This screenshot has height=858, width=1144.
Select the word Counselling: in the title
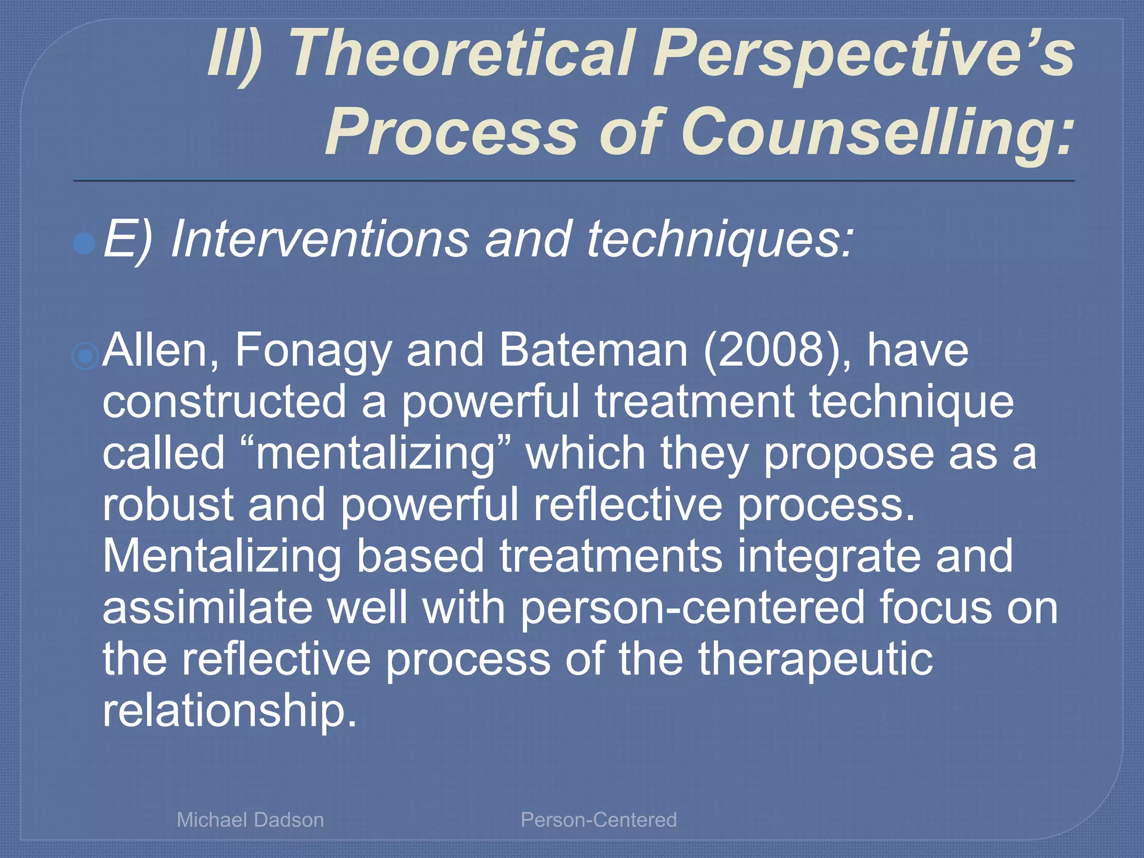pos(877,133)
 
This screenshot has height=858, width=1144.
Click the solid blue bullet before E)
pos(84,244)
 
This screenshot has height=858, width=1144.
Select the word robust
pos(168,504)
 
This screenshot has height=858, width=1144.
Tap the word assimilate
pos(207,608)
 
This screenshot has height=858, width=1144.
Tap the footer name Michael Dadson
pos(250,819)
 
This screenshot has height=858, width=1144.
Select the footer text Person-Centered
pos(598,819)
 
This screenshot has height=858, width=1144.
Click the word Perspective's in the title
pos(862,55)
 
